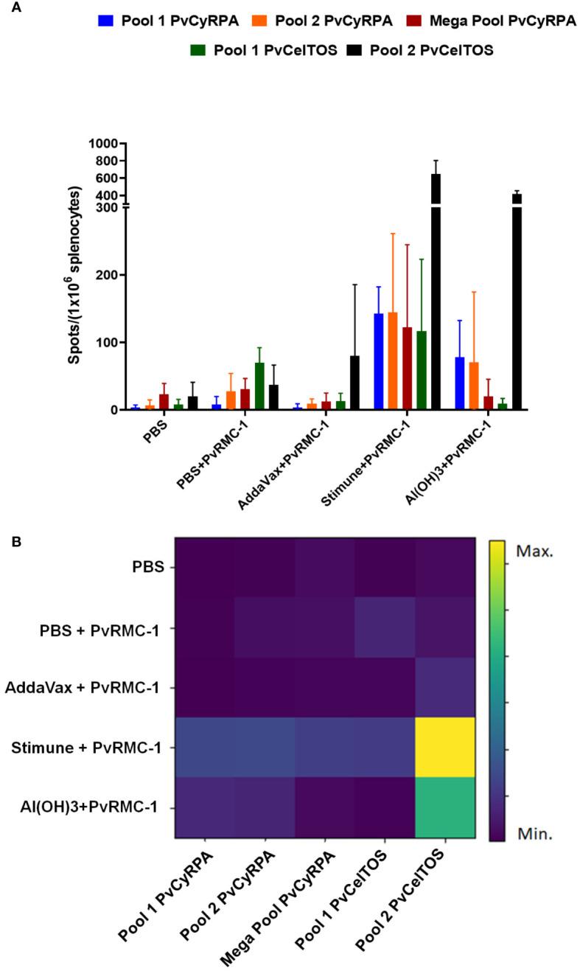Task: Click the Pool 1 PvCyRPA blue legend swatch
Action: click(104, 21)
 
